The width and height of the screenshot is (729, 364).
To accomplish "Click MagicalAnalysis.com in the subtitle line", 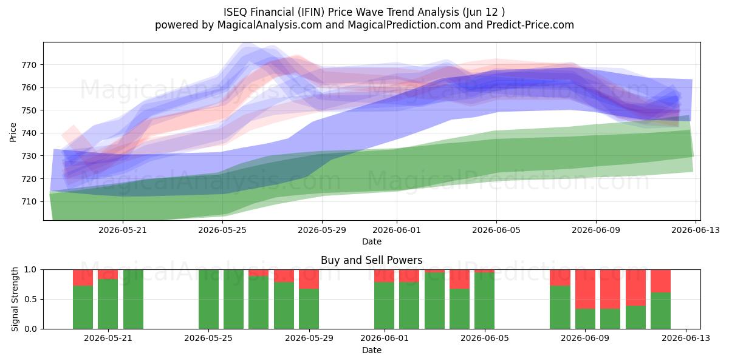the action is click(270, 25).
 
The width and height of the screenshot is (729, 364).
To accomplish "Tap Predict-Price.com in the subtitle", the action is click(530, 25).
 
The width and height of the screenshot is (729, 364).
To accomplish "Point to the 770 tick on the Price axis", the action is click(29, 65).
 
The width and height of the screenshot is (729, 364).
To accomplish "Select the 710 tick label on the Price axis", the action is click(29, 202).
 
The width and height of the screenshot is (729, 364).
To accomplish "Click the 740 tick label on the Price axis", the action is click(29, 133).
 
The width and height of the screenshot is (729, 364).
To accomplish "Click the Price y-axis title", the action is click(13, 132).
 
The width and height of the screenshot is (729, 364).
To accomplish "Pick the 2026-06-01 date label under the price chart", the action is click(396, 230).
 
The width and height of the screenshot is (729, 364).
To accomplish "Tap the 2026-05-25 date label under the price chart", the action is click(222, 230).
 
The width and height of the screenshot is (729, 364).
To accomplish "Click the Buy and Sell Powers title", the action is click(372, 260).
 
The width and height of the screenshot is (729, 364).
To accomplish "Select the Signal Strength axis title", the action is click(15, 299).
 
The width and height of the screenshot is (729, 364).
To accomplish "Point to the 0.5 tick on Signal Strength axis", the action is click(30, 299).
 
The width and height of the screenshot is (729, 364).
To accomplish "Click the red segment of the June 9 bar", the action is click(585, 289).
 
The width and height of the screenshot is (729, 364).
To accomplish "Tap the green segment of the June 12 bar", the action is click(661, 311).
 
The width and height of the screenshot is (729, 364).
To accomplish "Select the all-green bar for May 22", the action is click(133, 299).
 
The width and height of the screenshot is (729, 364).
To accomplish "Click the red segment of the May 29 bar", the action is click(309, 279).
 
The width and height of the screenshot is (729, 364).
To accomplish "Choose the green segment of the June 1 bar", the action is click(384, 306).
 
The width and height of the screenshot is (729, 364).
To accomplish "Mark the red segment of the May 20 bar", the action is click(83, 278).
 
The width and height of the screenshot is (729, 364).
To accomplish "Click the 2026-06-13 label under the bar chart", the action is click(686, 339).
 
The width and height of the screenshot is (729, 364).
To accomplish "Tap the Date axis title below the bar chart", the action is click(372, 351).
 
